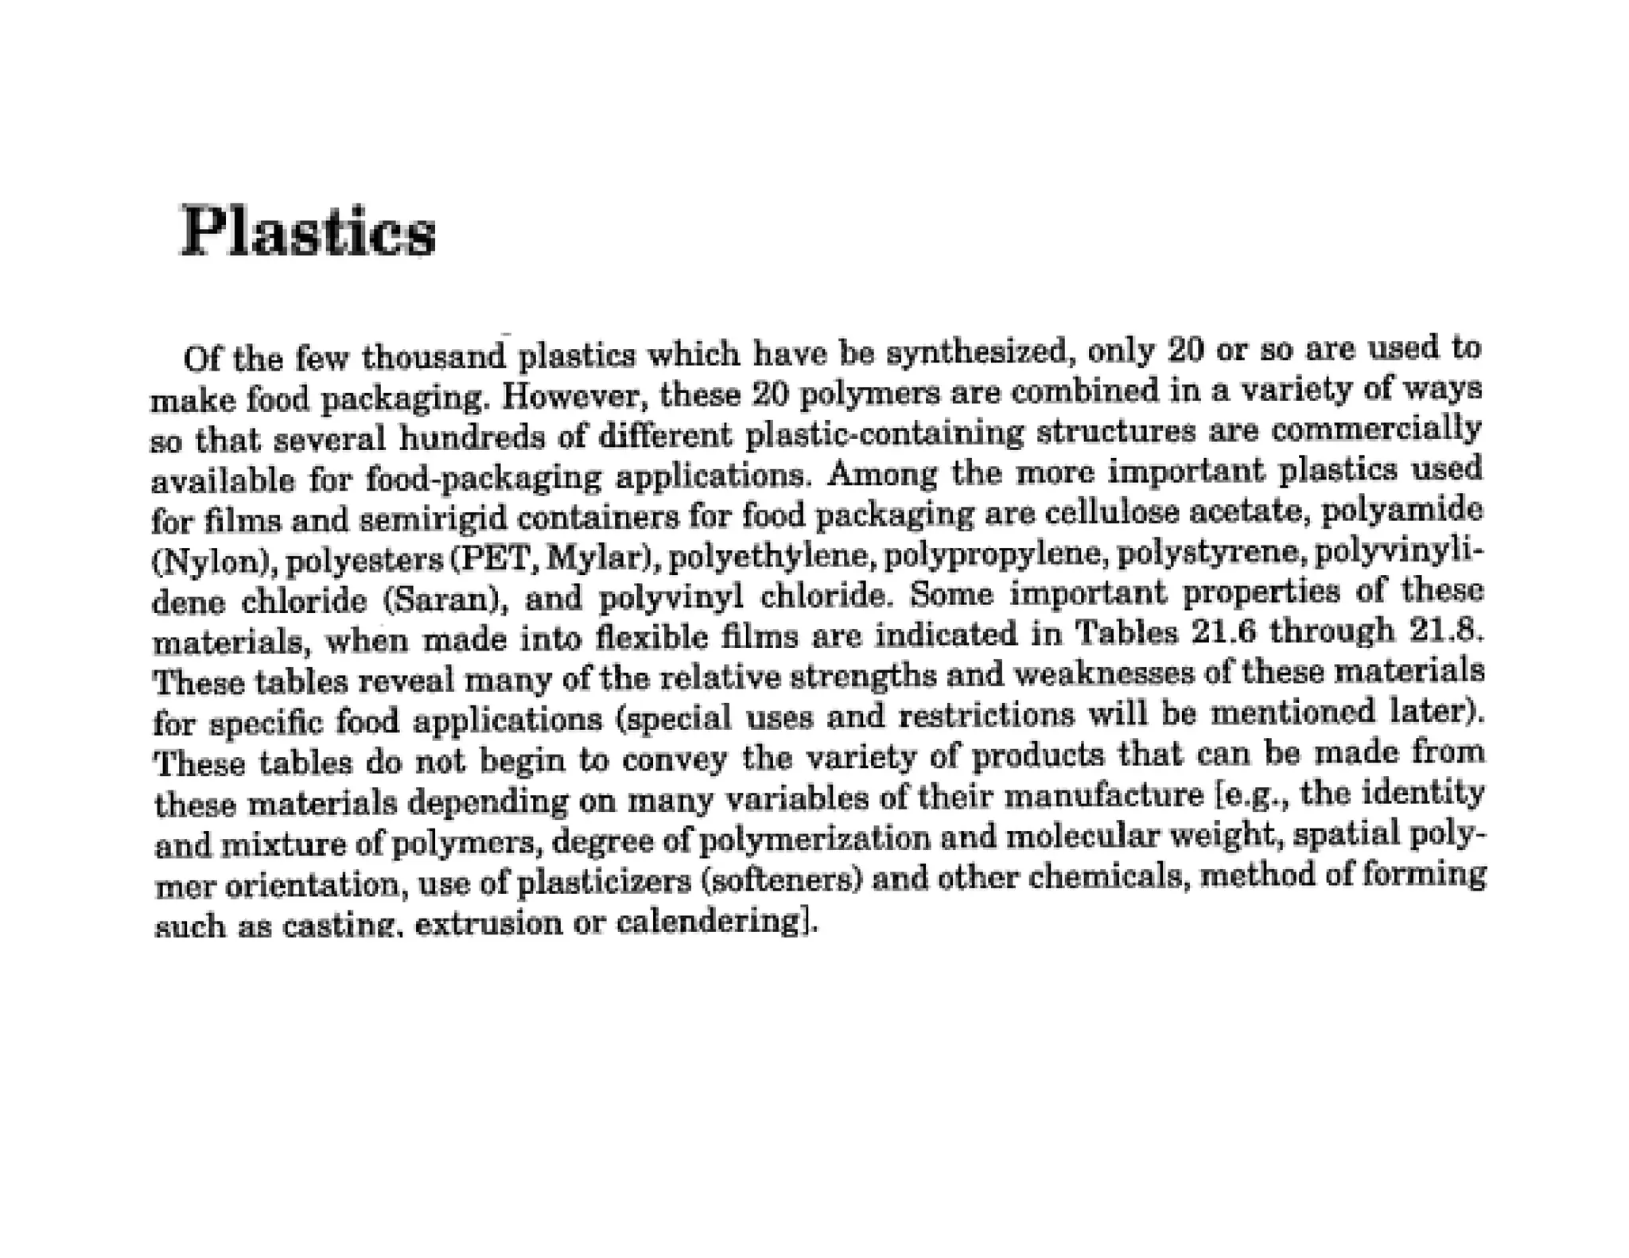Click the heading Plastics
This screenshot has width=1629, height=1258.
(x=309, y=231)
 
